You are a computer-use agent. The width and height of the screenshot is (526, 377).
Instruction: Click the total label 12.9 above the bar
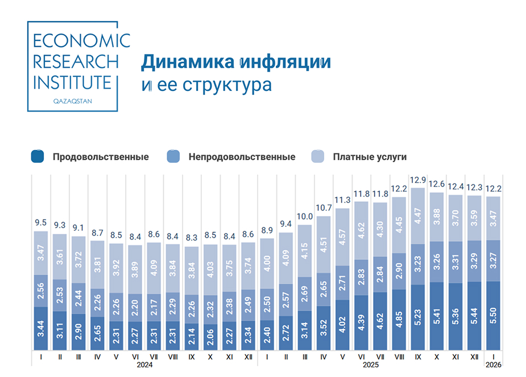(x=418, y=180)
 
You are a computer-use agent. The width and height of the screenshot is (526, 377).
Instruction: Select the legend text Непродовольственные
(x=242, y=157)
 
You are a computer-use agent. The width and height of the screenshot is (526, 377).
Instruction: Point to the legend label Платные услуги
(x=370, y=157)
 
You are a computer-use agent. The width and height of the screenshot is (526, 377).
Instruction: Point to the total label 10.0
(x=305, y=217)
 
